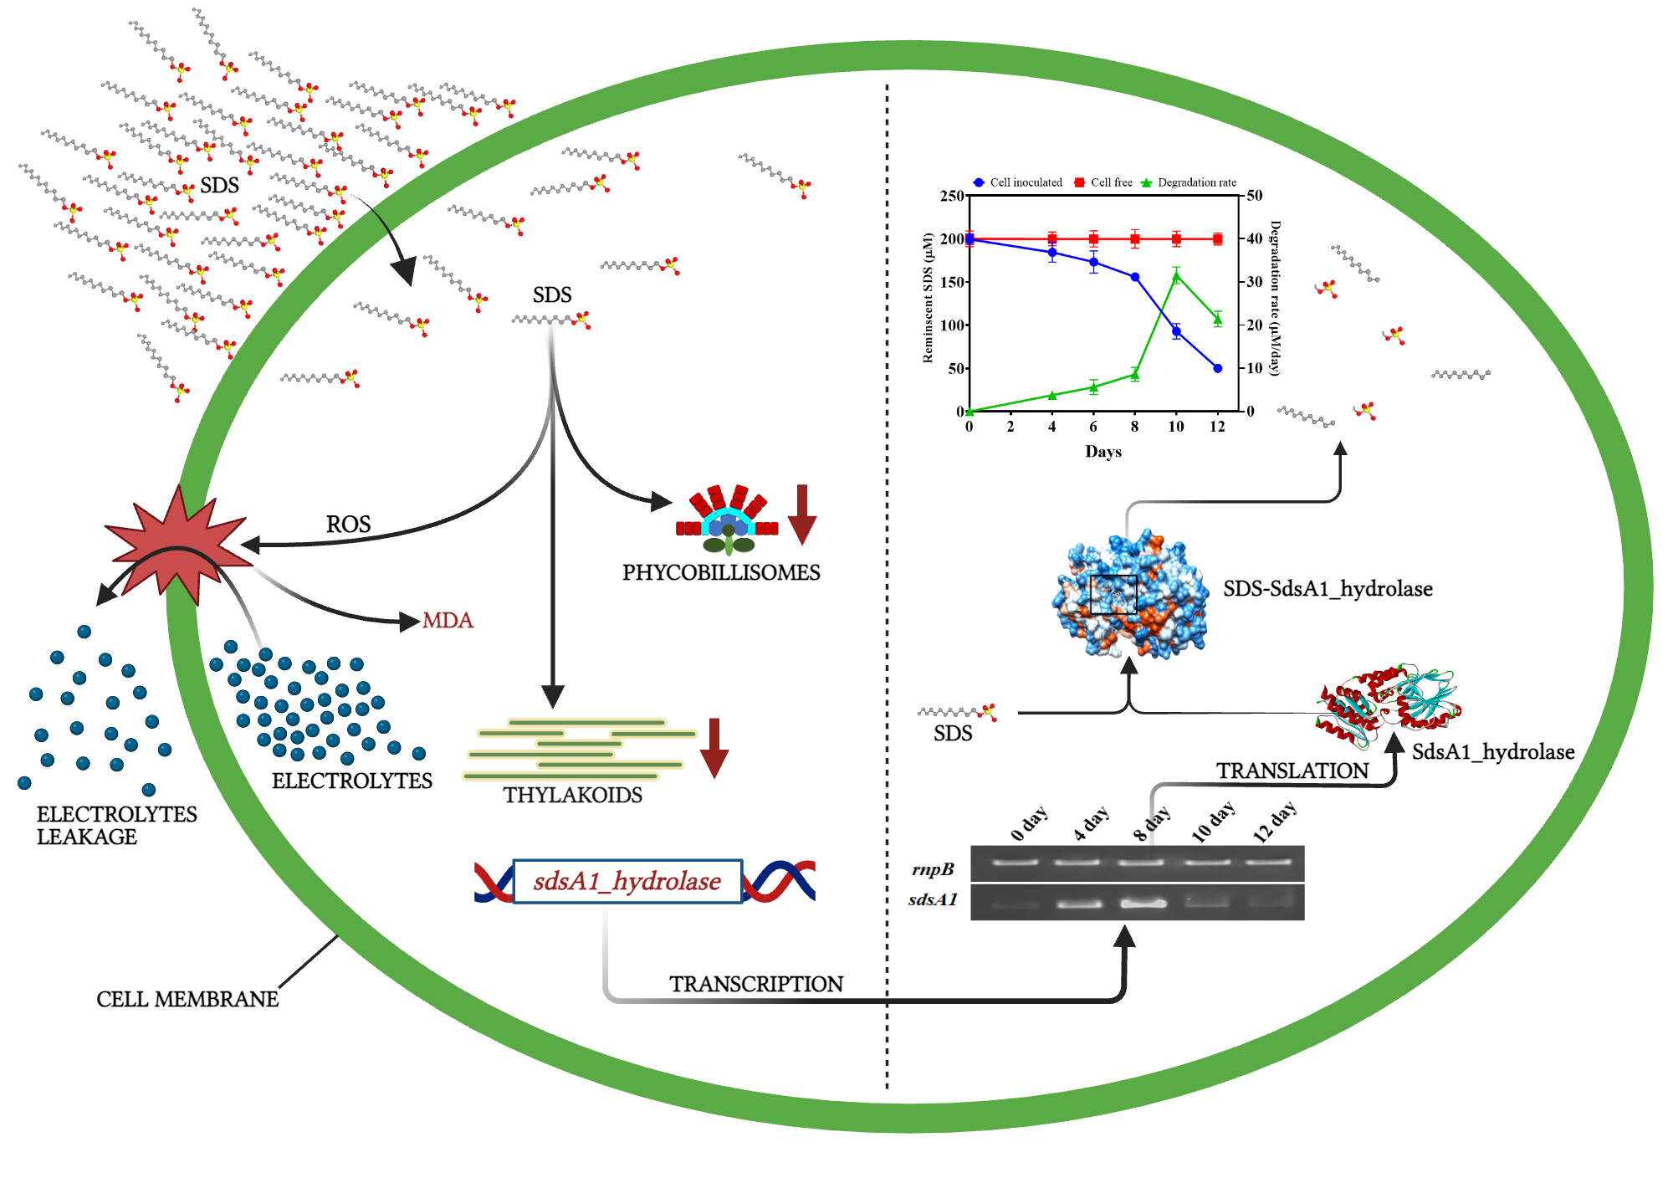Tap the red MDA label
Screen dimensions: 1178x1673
[448, 620]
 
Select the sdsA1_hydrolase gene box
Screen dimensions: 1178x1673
[627, 881]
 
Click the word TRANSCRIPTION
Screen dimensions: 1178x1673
[755, 984]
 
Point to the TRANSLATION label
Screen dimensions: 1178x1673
[1292, 771]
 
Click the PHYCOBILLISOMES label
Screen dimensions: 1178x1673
[721, 572]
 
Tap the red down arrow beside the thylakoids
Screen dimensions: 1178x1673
[714, 748]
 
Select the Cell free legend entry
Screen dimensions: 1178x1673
[1103, 182]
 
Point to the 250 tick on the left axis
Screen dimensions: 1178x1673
[952, 196]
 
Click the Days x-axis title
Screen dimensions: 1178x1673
[1103, 452]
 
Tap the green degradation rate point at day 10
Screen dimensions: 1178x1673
[1176, 276]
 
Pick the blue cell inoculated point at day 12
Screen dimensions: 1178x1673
[1217, 368]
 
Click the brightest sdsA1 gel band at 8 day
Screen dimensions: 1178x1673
[1143, 903]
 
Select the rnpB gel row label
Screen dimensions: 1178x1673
[933, 869]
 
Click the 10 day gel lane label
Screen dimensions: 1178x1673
[1213, 822]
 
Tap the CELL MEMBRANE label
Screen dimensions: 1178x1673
[187, 999]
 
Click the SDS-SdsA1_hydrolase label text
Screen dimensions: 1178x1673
[1328, 589]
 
